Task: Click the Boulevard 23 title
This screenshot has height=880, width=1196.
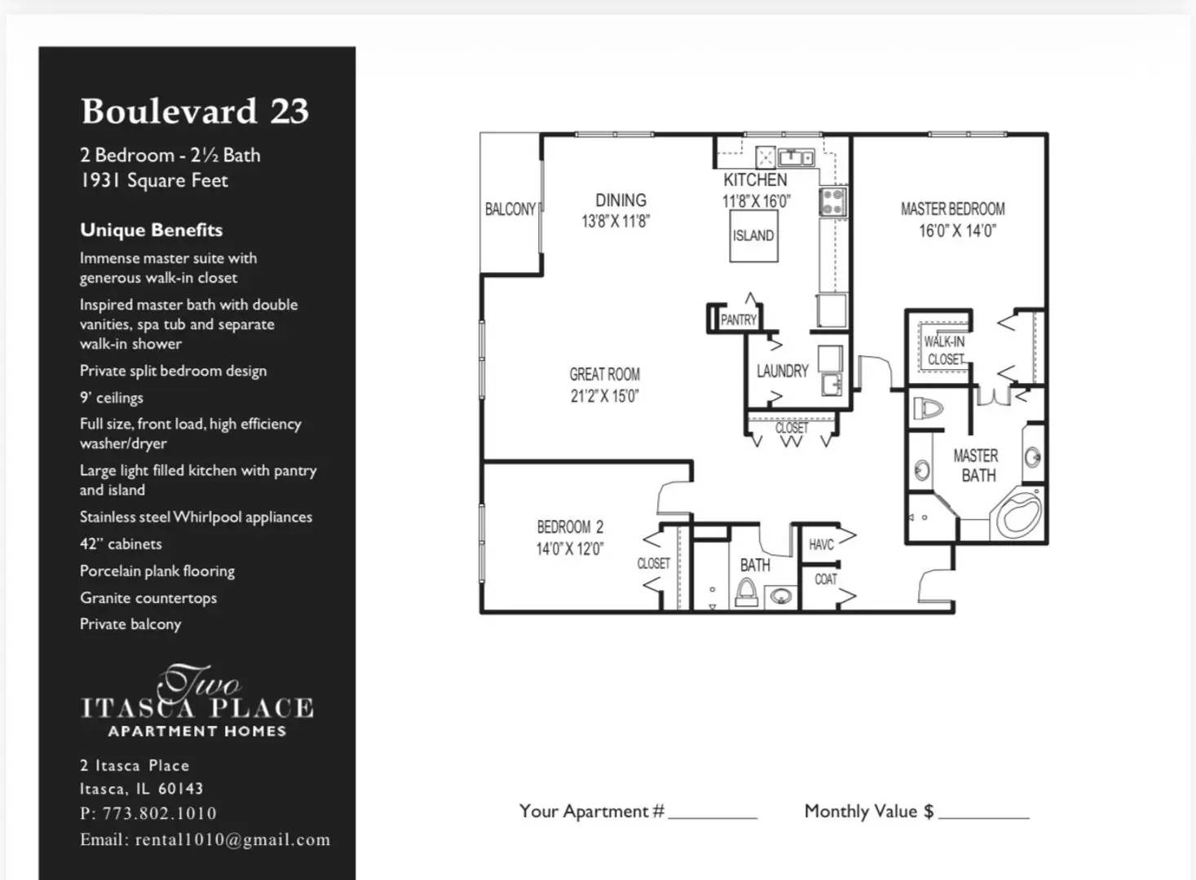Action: (195, 111)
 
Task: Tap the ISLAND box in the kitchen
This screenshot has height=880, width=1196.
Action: (752, 235)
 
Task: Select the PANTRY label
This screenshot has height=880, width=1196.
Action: (738, 320)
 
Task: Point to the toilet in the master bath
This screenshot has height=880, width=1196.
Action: (928, 407)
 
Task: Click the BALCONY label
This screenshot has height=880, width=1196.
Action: (510, 209)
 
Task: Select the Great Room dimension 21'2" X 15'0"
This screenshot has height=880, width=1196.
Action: (604, 397)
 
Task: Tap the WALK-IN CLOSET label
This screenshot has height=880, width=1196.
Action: (944, 350)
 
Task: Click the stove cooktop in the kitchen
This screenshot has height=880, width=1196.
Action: (832, 201)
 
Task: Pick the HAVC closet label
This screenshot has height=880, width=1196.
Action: (821, 544)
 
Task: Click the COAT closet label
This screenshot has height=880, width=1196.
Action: (825, 579)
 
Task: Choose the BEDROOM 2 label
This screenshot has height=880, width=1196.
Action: (570, 527)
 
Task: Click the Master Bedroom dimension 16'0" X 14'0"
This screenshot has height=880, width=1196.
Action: (957, 231)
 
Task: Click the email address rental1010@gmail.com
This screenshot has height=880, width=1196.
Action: (232, 840)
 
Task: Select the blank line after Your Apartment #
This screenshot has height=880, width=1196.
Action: (713, 813)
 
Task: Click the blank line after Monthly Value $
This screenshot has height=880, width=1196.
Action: (983, 813)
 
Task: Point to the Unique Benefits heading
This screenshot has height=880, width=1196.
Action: (152, 230)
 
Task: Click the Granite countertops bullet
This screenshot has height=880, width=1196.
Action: (148, 598)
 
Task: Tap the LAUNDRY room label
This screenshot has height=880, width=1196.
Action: (782, 372)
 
